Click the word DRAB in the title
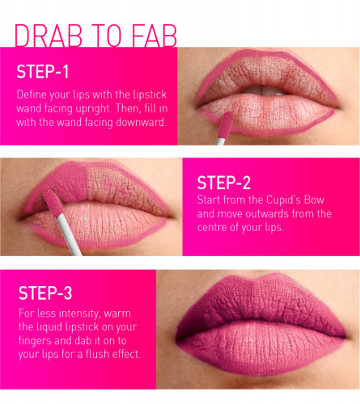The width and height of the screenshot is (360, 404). coord(49,36)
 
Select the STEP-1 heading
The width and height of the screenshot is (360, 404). coord(43,72)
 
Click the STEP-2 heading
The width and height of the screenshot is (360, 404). coord(224,183)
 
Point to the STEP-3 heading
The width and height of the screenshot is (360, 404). coord(45,292)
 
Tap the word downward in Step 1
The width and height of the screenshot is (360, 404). coord(140,122)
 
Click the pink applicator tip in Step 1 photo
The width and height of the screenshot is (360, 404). coord(224,125)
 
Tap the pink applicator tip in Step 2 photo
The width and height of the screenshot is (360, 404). coord(53,203)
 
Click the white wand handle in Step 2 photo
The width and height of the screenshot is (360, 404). coord(69,234)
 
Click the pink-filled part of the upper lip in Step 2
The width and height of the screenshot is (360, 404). coord(63,183)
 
